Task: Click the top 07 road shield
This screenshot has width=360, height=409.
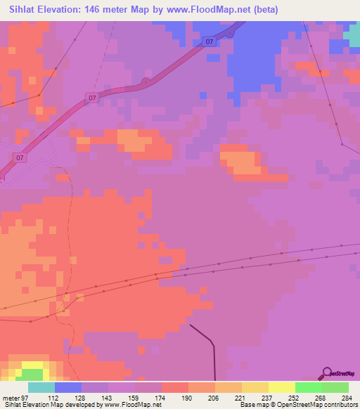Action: click(210, 43)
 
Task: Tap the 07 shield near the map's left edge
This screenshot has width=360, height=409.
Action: click(20, 157)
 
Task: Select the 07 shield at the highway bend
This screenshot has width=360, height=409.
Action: click(92, 97)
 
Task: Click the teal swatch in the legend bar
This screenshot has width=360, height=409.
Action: click(41, 387)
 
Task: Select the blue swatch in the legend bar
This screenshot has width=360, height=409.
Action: click(68, 387)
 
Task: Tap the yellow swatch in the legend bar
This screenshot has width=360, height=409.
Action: click(281, 387)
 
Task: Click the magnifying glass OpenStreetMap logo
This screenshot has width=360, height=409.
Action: click(328, 374)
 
